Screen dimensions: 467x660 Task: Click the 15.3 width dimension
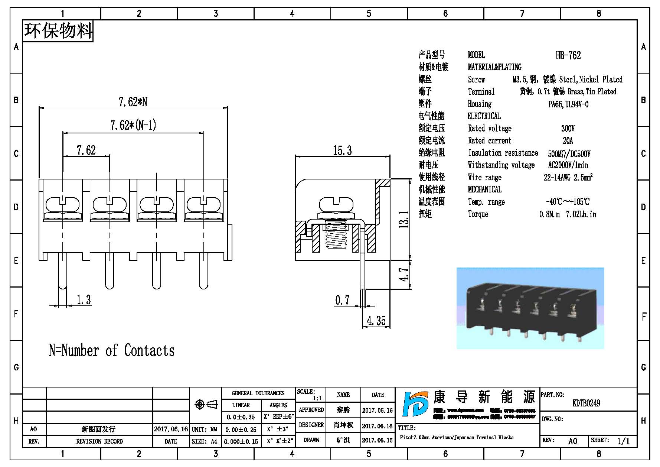(x=342, y=150)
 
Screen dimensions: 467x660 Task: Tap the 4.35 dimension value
(x=376, y=320)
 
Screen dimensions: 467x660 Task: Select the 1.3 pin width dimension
(x=84, y=299)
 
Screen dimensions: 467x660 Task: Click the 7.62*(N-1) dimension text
(x=133, y=125)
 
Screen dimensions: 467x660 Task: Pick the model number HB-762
(x=568, y=56)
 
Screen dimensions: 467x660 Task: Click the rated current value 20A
(x=568, y=141)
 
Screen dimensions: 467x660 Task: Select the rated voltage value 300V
(x=568, y=129)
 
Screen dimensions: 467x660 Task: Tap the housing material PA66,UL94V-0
(x=568, y=104)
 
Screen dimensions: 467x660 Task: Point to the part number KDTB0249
(x=586, y=403)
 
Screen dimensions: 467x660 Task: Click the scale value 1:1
(x=317, y=398)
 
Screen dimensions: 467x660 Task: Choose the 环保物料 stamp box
(x=58, y=31)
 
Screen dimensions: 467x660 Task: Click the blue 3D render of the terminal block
(x=530, y=308)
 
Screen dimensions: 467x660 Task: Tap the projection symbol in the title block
(x=206, y=404)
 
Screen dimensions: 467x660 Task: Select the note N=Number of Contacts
(x=111, y=350)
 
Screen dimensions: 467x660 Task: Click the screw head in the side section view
(x=335, y=204)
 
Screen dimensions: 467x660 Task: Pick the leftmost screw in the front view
(x=63, y=204)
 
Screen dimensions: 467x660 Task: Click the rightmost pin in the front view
(x=203, y=271)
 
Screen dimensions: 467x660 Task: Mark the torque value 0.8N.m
(x=549, y=214)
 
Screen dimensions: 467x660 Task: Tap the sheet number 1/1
(x=623, y=441)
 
